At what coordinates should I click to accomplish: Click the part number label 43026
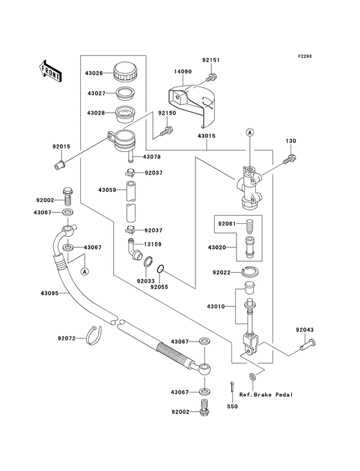(98, 73)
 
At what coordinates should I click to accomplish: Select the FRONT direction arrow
(50, 69)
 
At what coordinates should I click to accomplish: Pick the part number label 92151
(212, 61)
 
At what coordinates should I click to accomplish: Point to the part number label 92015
(61, 147)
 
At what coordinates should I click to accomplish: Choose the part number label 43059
(108, 190)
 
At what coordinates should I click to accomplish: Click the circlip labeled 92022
(251, 273)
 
